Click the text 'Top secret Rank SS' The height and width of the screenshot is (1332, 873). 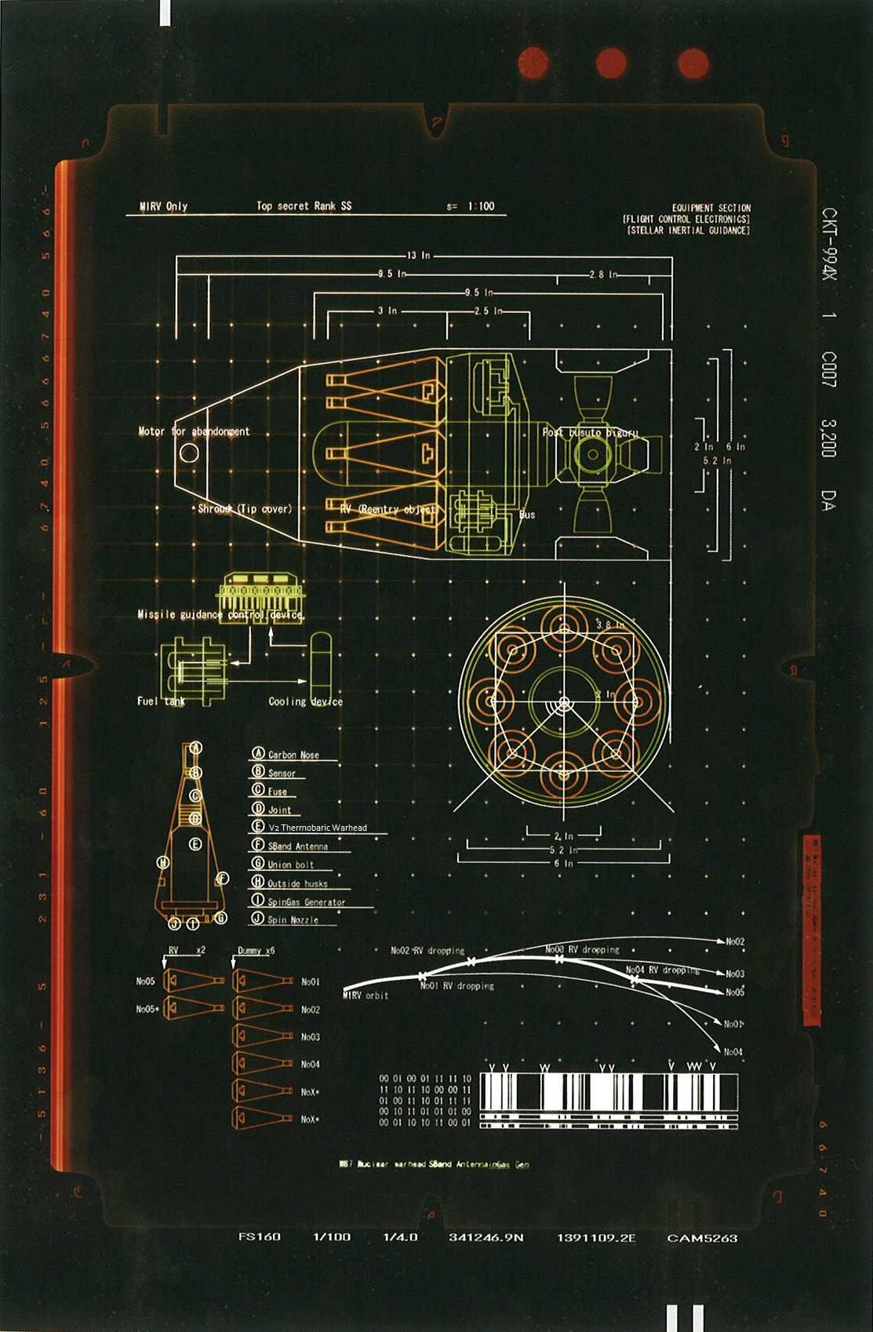click(304, 206)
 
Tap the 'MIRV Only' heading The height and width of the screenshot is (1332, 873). click(163, 206)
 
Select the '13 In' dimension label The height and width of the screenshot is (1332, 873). click(419, 255)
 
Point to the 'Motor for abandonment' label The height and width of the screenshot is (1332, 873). click(194, 431)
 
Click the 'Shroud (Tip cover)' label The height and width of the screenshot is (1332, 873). click(245, 509)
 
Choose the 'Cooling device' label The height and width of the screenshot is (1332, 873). click(305, 701)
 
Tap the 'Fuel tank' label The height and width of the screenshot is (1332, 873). click(161, 701)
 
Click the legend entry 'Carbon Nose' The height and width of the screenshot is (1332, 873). click(293, 755)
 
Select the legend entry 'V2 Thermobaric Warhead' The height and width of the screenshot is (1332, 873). click(318, 828)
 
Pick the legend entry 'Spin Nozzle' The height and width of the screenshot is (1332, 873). click(293, 919)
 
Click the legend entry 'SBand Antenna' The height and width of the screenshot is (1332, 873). click(297, 846)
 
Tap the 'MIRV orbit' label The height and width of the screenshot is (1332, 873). click(366, 995)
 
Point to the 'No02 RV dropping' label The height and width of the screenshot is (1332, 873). click(427, 951)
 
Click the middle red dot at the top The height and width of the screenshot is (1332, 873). click(611, 63)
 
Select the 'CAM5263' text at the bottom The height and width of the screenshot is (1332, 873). click(702, 1238)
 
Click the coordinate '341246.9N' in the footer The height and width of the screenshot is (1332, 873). click(486, 1238)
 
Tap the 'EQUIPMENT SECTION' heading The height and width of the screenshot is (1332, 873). click(711, 208)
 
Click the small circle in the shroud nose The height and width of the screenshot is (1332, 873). click(189, 453)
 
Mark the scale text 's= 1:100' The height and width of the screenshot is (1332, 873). click(471, 206)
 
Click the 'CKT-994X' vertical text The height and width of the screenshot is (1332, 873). click(829, 243)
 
